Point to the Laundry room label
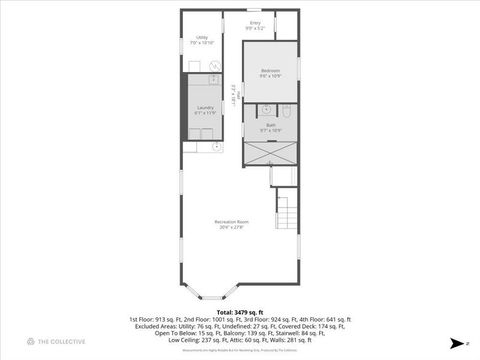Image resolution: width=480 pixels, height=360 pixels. click(x=205, y=108)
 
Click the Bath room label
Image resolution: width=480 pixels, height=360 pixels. click(x=270, y=124)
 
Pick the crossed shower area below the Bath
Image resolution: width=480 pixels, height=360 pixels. click(x=270, y=153)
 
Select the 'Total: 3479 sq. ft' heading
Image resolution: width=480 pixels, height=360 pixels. click(x=240, y=311)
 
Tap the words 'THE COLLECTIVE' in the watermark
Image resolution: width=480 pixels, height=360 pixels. click(x=63, y=343)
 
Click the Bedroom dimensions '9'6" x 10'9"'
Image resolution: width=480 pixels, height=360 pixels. click(x=270, y=76)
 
